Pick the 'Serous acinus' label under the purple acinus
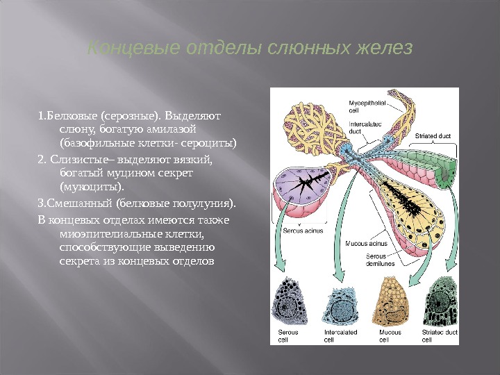click(300, 229)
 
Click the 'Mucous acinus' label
click(366, 244)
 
